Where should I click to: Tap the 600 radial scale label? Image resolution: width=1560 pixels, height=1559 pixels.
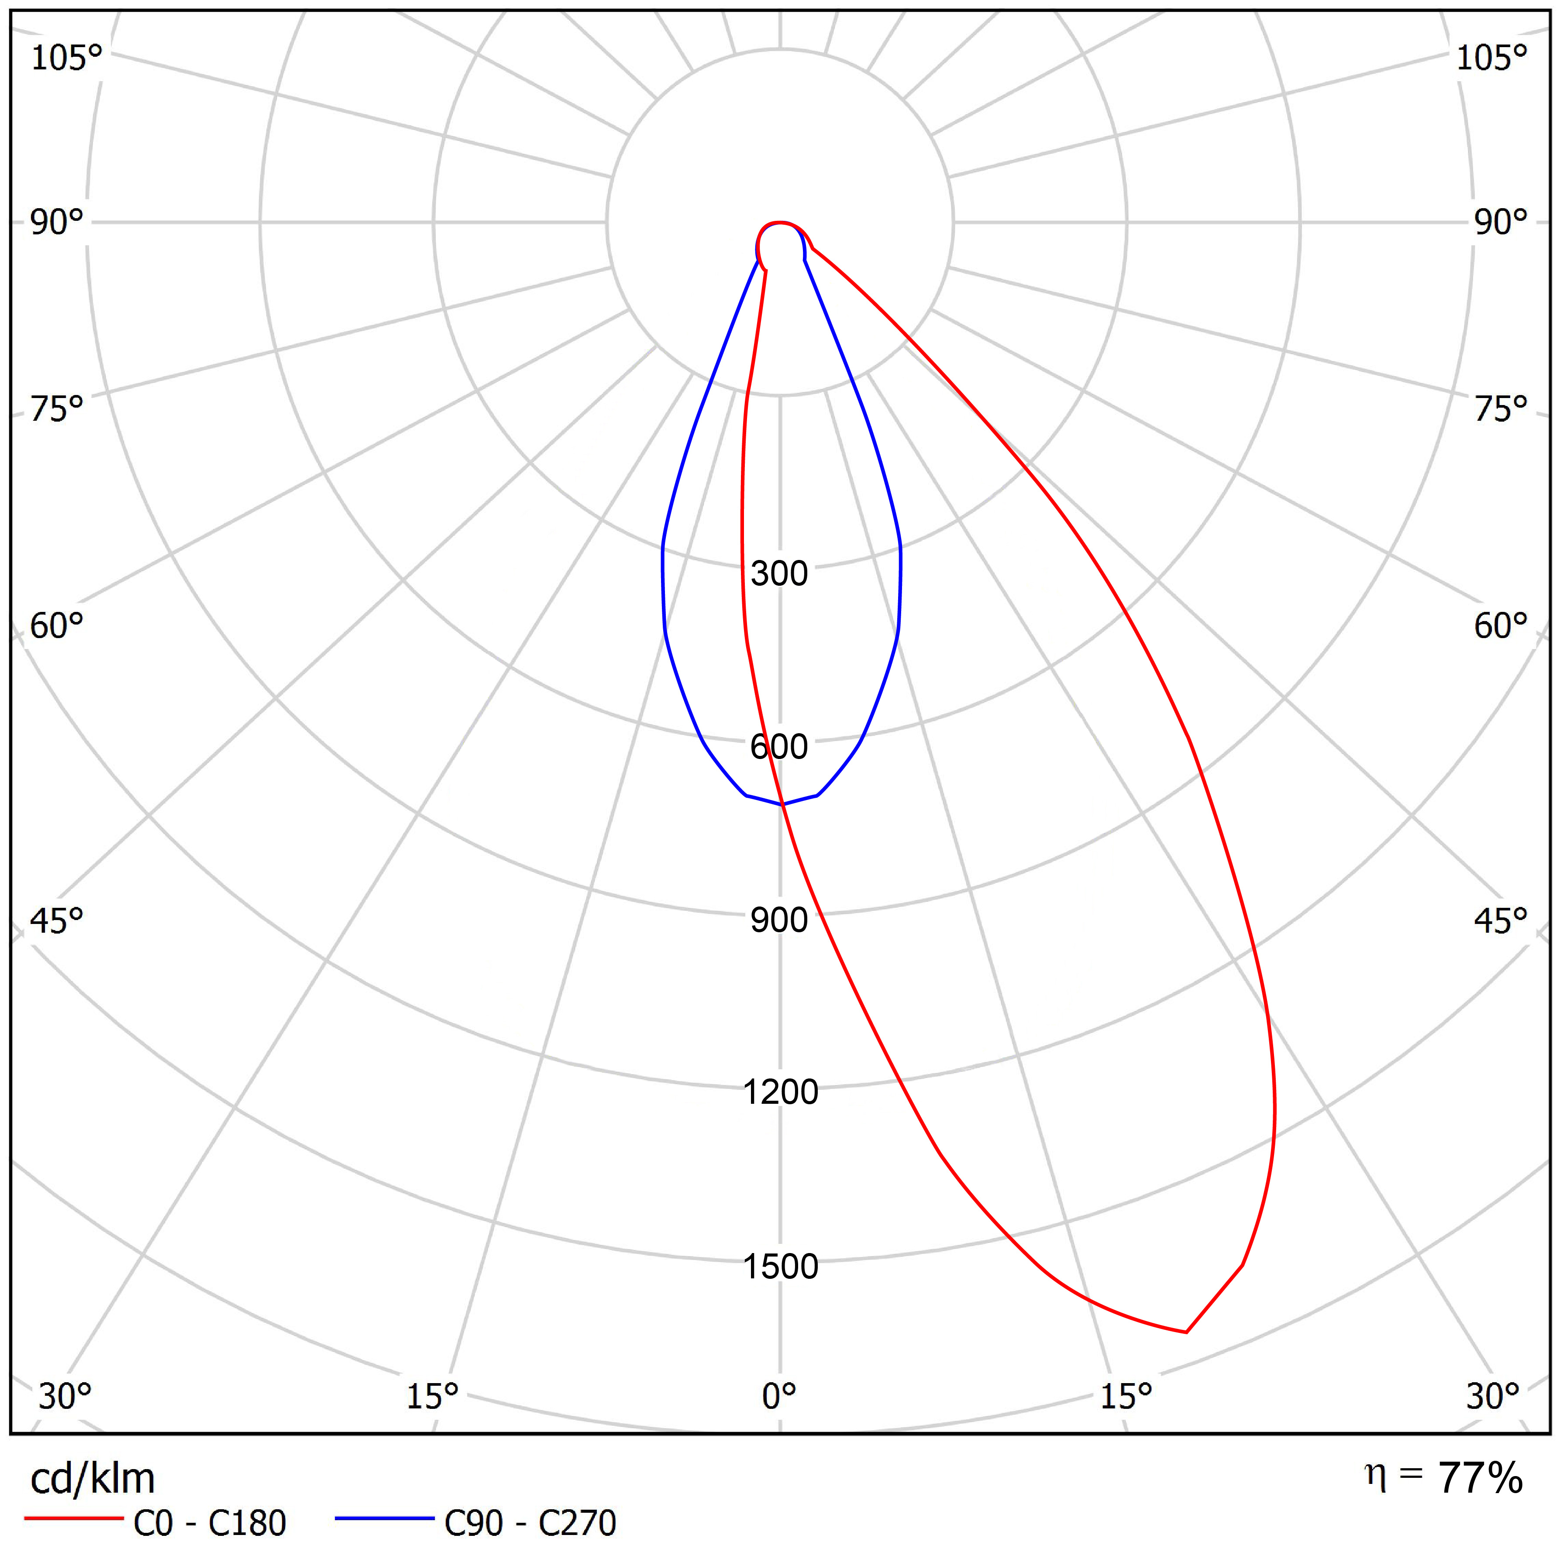(x=779, y=747)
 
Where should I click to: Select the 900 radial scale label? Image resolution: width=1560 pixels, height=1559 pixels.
(x=779, y=920)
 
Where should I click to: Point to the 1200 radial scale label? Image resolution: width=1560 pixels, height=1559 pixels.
(x=780, y=1092)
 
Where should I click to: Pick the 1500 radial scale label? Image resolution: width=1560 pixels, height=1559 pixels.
(x=780, y=1267)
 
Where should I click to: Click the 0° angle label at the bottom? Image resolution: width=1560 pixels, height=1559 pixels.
(x=779, y=1418)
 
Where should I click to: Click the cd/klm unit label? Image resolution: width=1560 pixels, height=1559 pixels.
(x=92, y=1478)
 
